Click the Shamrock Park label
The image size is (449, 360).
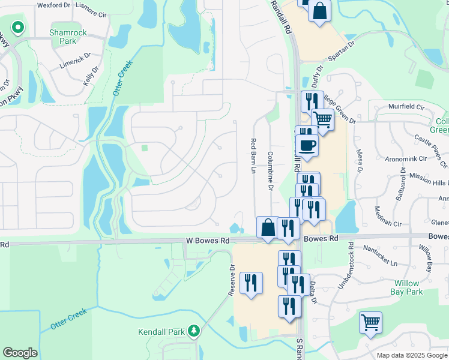[x=63, y=37]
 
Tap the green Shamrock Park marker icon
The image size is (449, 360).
[x=18, y=27]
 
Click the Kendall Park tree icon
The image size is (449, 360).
[x=193, y=331]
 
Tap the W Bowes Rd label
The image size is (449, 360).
[x=208, y=240]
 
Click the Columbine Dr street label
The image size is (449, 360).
[x=271, y=172]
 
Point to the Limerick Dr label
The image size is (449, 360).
[x=74, y=60]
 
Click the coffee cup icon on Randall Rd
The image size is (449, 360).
[x=307, y=145]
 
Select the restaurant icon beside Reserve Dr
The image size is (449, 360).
[x=251, y=283]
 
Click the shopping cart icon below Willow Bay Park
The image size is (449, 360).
[x=370, y=322]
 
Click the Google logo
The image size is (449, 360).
[x=20, y=353]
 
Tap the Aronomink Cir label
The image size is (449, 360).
[x=405, y=159]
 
